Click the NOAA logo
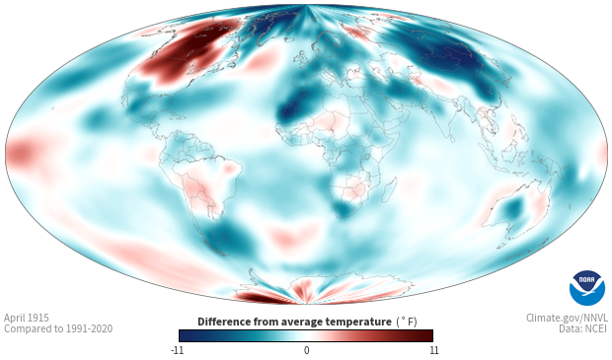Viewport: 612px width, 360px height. [587, 288]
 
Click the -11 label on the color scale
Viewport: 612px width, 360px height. [177, 350]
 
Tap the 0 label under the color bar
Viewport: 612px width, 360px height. [306, 350]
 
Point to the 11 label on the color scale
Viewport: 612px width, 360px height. [433, 350]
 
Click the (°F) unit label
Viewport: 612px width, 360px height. [407, 323]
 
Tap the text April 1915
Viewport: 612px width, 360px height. [27, 318]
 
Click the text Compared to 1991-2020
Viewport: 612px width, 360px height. [58, 328]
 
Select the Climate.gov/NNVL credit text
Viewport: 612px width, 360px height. [567, 318]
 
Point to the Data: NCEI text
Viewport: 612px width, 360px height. [583, 328]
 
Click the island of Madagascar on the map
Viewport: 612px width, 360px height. [389, 188]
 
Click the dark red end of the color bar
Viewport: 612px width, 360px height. [425, 335]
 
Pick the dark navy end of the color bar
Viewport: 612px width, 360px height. [188, 335]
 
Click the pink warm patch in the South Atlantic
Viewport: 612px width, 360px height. [293, 235]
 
